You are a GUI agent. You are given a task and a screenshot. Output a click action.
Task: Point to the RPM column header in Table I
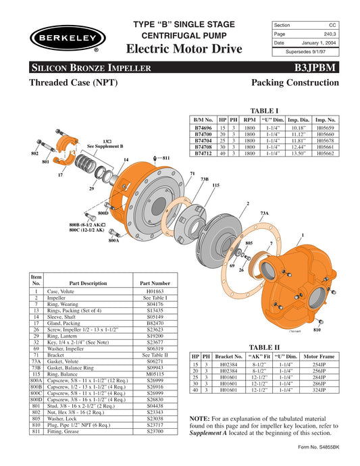tap(249, 118)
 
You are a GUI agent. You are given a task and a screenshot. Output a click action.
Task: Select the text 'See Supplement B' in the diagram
tap(105, 147)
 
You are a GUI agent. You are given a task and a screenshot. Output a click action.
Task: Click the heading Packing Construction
tap(299, 84)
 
